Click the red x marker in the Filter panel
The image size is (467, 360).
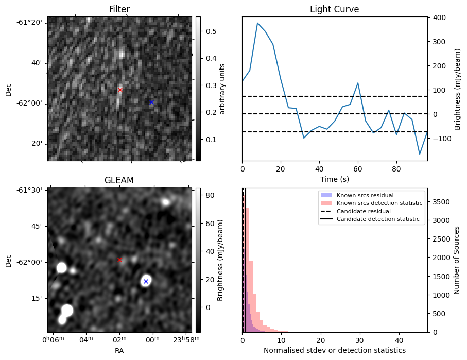point(120,90)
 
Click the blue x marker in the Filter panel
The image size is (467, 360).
point(151,102)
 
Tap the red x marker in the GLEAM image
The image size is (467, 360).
point(120,260)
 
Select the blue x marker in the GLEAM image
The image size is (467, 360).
point(146,281)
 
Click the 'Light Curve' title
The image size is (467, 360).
point(334,9)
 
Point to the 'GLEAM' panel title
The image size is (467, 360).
point(119,180)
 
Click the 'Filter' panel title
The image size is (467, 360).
point(119,9)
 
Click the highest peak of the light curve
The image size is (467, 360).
point(257,23)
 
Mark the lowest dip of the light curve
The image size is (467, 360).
point(420,154)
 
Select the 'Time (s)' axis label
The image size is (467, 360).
point(334,179)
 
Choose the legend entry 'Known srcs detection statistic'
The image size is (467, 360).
point(379,203)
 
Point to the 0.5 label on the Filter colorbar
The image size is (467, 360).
point(211,32)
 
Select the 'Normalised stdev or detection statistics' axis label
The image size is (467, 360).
point(334,351)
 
